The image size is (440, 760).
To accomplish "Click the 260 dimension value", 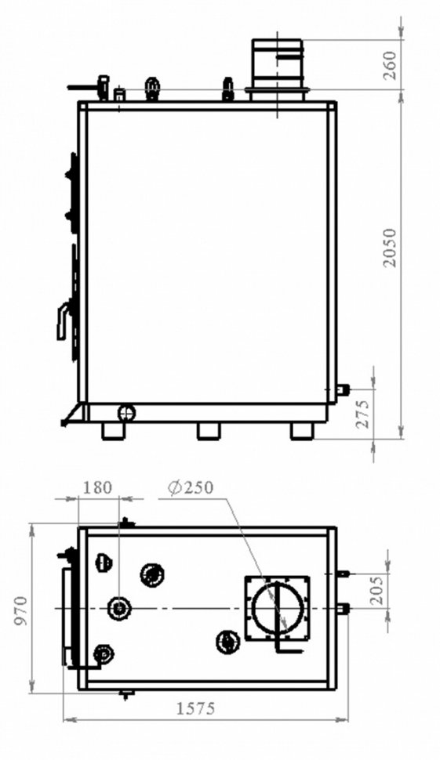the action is click(390, 65).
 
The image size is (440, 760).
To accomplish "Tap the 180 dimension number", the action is click(97, 487).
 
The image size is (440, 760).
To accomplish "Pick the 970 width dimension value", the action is click(22, 611).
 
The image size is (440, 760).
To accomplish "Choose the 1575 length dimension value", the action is click(195, 709).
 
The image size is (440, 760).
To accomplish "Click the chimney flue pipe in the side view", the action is click(278, 70).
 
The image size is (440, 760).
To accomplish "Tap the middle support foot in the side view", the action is click(209, 432).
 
